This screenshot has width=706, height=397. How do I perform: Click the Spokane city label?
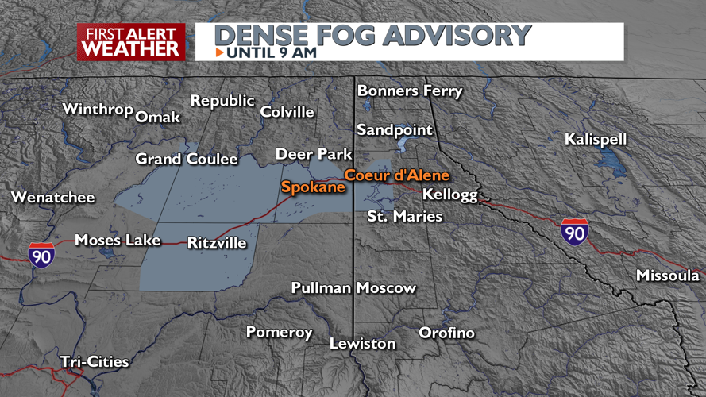[x=312, y=187]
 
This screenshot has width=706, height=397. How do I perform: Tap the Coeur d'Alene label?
[x=396, y=175]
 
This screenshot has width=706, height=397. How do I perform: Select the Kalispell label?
[x=596, y=140]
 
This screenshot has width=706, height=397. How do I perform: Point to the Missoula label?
[x=667, y=276]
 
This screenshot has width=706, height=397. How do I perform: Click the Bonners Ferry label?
[x=409, y=91]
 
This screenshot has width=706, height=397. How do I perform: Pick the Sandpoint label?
[x=395, y=129]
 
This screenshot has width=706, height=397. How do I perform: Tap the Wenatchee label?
[x=53, y=198]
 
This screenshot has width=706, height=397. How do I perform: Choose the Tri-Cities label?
[x=95, y=362]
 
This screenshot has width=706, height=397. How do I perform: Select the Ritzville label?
[x=217, y=243]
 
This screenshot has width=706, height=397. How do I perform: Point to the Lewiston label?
[x=363, y=344]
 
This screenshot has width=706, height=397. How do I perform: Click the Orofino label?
[x=446, y=333]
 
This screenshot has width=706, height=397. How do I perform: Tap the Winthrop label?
[x=97, y=109]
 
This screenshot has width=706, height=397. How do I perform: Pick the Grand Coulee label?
[x=187, y=160]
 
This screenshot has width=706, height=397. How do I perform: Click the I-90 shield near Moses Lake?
[x=39, y=256]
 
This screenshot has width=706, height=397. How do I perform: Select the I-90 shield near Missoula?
[x=573, y=232]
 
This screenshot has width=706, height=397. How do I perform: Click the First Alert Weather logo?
[x=131, y=42]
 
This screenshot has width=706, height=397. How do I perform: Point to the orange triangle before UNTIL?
[x=219, y=53]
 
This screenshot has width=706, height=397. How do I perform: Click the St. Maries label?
[x=404, y=216]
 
